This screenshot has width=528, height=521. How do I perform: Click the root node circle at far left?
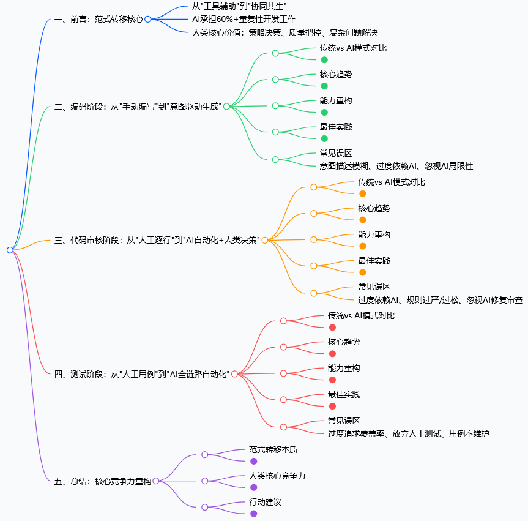point(10,250)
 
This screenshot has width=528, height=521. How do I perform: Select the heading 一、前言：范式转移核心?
point(99,19)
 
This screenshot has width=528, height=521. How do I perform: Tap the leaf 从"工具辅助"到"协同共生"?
point(239,6)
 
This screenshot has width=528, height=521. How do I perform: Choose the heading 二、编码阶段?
point(138,107)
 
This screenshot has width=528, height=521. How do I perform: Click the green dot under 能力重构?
point(324,113)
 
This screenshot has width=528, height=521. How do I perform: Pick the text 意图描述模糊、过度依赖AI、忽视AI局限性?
point(396,166)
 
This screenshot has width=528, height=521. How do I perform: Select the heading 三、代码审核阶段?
point(157,241)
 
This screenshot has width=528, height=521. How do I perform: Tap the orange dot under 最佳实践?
point(363,272)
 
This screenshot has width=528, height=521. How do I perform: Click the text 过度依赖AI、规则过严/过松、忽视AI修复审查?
point(441,300)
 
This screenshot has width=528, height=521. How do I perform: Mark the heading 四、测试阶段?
point(142,374)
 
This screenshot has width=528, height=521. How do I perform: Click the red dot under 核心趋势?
point(332,354)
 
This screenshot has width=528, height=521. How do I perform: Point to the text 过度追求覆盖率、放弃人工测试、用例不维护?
point(408,433)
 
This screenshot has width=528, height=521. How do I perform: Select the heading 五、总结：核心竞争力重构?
point(102,481)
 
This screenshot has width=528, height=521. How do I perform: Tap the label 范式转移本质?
point(273,449)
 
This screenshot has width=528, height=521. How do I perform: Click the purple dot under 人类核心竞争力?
point(253,487)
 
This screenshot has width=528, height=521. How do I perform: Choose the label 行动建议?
point(265,502)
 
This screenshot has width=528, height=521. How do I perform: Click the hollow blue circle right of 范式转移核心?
point(147,19)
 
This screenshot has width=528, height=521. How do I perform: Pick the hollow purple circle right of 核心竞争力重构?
point(155,481)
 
